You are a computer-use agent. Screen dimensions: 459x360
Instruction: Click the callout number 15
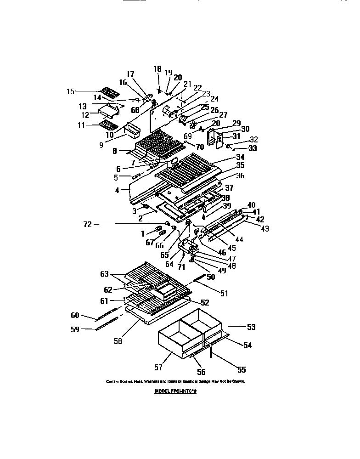coord(70,91)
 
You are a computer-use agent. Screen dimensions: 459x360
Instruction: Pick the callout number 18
coord(157,69)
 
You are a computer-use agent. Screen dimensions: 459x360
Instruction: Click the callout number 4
coord(118,189)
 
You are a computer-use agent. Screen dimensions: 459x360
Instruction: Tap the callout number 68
coord(135,110)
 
